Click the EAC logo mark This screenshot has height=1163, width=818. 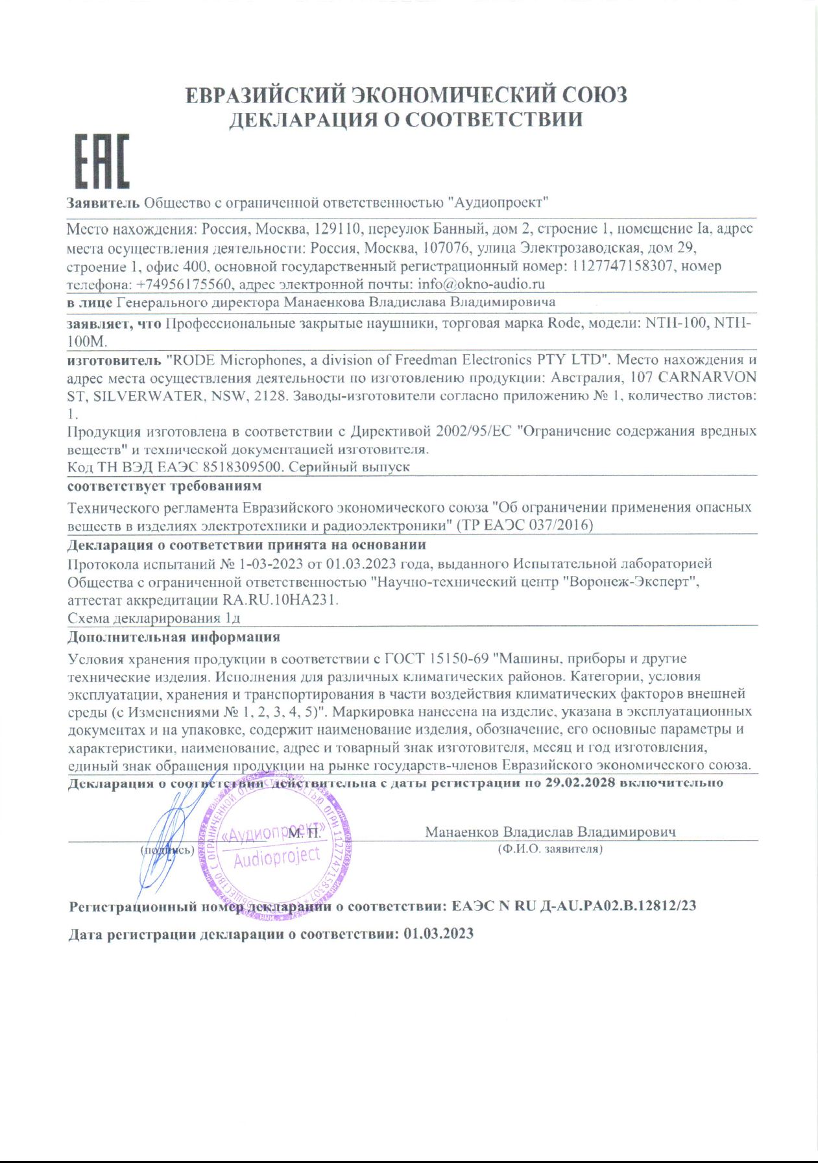coord(102,161)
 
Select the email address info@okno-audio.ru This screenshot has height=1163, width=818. coord(481,284)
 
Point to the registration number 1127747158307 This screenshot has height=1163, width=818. coord(622,266)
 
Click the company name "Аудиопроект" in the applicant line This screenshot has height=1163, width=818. coord(498,202)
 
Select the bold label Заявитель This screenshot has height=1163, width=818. coord(103,202)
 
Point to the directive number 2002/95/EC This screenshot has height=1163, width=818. coord(474,431)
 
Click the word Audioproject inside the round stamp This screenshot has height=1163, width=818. coord(277,857)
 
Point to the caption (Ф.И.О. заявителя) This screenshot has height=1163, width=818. coord(550,848)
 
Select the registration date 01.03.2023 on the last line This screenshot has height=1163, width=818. coord(439,934)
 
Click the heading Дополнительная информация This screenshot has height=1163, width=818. coord(174,637)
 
